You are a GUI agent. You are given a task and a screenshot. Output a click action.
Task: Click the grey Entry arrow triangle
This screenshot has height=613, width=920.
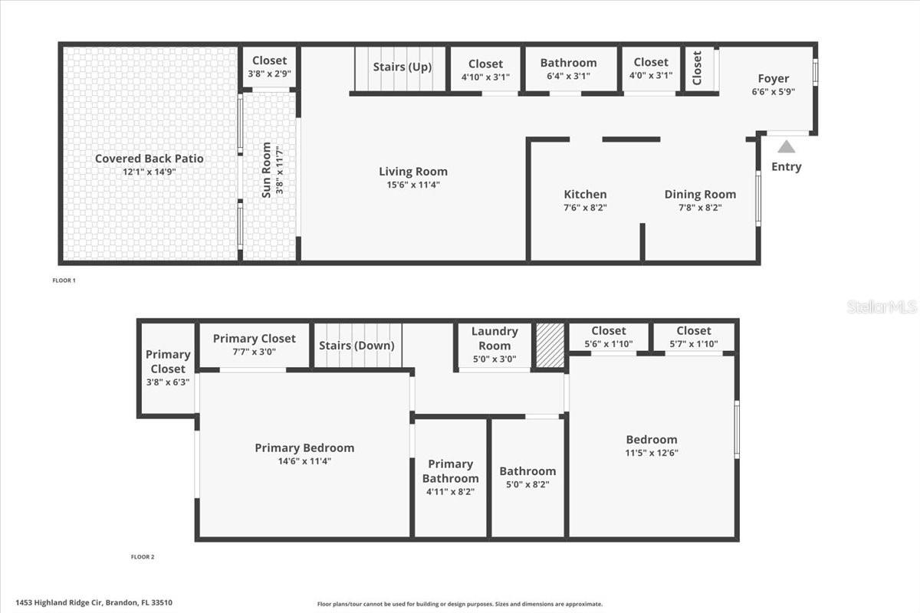pos(787,146)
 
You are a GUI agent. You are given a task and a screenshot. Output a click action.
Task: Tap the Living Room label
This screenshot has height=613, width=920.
pos(413,172)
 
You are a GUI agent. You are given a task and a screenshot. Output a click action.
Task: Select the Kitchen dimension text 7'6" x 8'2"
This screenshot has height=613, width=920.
pos(585,207)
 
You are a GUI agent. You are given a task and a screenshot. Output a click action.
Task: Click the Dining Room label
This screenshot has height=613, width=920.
pos(700,195)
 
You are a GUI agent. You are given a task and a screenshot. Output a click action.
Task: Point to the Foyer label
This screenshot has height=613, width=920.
pos(773,79)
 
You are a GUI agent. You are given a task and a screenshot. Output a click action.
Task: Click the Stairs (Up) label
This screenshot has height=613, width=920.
pos(402,67)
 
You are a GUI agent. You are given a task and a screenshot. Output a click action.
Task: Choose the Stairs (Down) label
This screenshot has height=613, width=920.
pos(356,346)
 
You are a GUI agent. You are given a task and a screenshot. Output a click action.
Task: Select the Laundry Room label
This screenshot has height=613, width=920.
pos(495,338)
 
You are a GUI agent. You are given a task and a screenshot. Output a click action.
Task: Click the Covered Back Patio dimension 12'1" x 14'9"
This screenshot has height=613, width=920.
pos(149,172)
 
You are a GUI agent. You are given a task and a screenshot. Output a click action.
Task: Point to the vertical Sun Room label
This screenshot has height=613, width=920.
pos(267,169)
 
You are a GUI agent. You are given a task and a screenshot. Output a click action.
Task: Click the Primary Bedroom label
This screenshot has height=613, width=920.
pos(304,448)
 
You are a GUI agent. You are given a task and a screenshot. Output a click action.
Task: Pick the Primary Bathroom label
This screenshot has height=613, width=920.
pos(450,470)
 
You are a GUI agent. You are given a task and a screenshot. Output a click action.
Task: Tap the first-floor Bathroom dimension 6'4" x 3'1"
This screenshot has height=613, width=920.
pos(568,76)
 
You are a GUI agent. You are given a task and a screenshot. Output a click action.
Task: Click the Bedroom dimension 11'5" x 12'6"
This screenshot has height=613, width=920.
pos(652,452)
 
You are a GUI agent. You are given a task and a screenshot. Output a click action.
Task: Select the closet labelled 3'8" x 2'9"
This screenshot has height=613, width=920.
pos(269,67)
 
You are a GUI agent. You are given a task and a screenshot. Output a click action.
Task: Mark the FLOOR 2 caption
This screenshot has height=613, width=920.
pos(142,557)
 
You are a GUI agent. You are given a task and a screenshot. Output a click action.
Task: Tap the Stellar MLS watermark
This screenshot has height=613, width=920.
pos(882,306)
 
